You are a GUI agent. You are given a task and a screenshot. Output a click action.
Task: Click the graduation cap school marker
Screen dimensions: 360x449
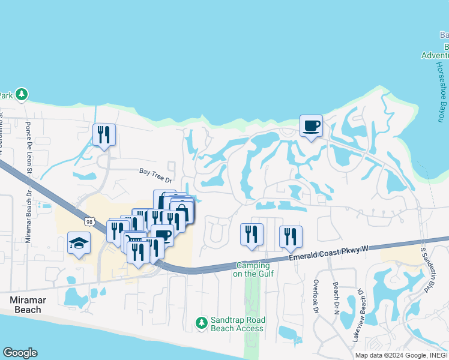tap(79, 243)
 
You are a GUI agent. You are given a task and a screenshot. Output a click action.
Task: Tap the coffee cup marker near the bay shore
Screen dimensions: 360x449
tap(311, 126)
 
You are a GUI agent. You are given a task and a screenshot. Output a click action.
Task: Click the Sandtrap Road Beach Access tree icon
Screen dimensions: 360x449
tap(202, 323)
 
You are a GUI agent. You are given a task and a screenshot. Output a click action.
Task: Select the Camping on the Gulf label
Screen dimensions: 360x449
tap(253, 269)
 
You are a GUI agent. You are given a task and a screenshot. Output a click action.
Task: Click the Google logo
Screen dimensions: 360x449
tap(20, 353)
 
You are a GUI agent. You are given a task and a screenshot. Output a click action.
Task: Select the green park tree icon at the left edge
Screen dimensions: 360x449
tap(22, 94)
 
